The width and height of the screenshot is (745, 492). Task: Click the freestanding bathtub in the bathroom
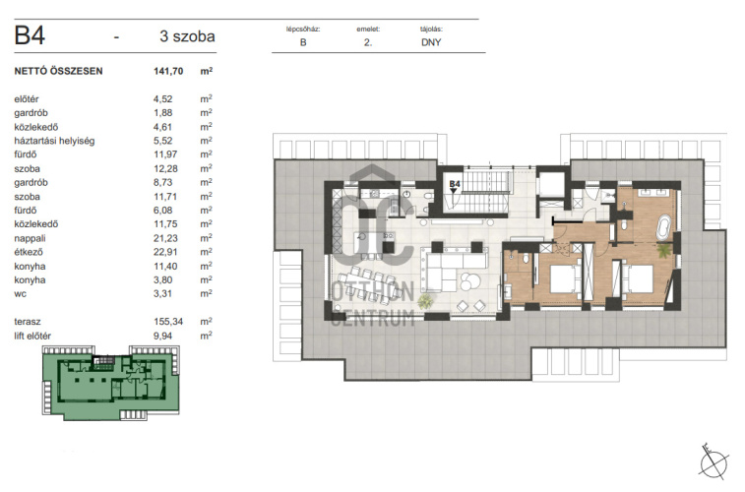(x=663, y=227)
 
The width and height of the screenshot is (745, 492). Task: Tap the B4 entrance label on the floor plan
(x=455, y=184)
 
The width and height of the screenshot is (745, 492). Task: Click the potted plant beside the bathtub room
(x=663, y=250)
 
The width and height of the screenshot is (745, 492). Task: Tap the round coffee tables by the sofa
(x=469, y=281)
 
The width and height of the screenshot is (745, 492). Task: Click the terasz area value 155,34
(x=168, y=322)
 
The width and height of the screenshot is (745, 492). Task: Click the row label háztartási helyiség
(x=54, y=141)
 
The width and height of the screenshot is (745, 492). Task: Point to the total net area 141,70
(x=168, y=71)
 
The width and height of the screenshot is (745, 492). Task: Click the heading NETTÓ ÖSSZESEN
(x=58, y=71)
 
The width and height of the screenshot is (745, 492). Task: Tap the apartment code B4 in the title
(x=30, y=35)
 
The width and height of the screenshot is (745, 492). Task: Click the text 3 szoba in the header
(x=187, y=36)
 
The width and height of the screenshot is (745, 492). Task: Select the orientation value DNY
(x=431, y=42)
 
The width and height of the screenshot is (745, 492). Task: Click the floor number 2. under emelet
(x=368, y=42)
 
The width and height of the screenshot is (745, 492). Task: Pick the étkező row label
(x=29, y=252)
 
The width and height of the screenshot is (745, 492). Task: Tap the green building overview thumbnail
(x=111, y=383)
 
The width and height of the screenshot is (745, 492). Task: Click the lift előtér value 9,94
(x=162, y=336)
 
